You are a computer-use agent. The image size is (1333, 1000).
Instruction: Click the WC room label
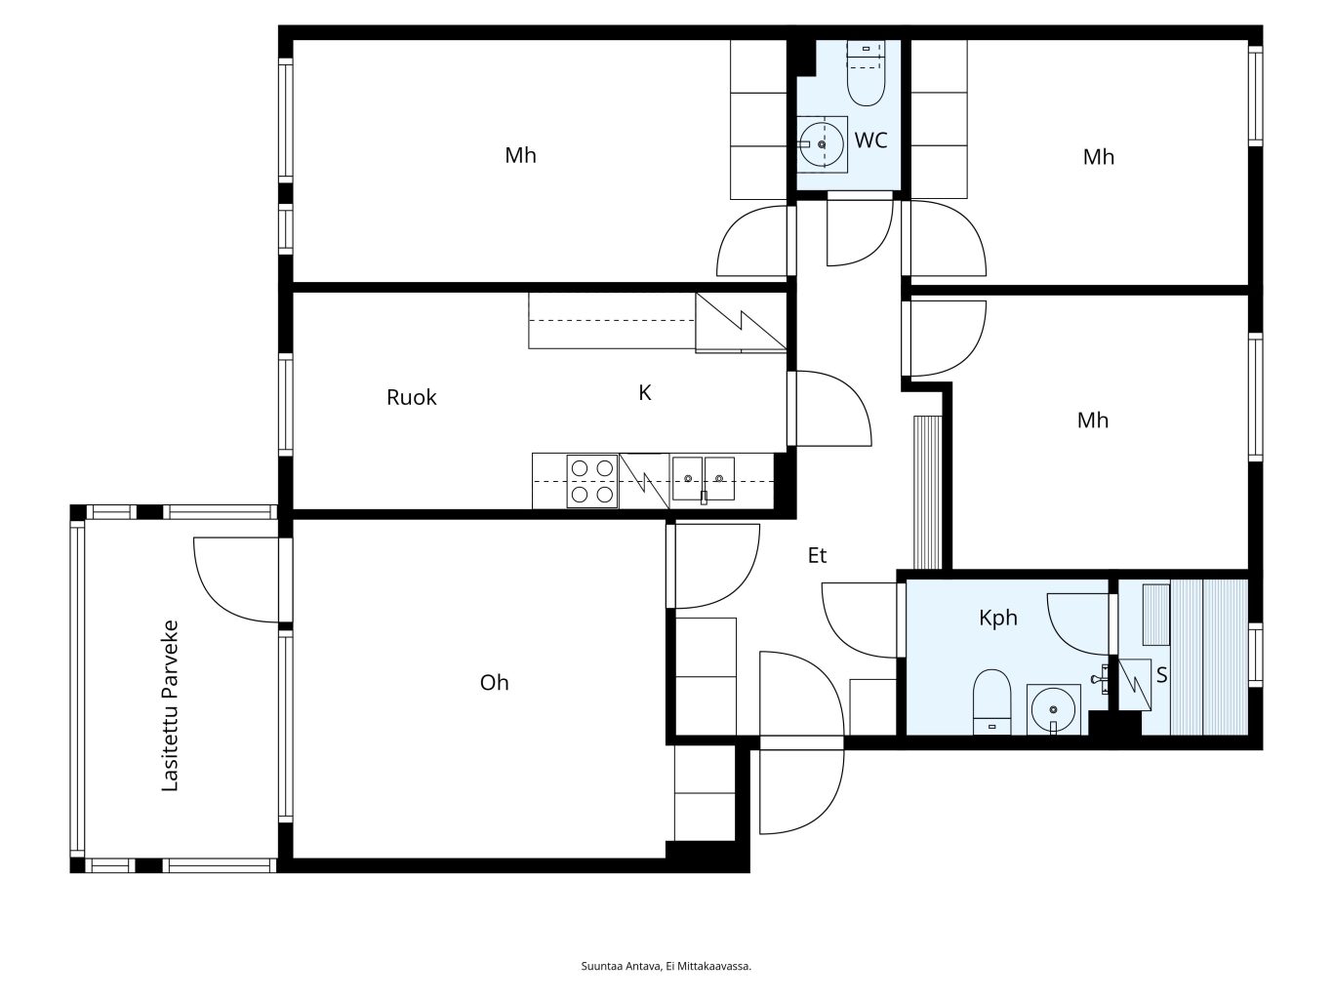(870, 140)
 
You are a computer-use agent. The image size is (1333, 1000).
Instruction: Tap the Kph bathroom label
(997, 619)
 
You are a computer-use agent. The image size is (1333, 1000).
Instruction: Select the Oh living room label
(494, 683)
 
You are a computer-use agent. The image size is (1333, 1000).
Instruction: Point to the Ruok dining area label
(411, 397)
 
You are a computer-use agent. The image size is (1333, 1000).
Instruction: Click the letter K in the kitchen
(644, 393)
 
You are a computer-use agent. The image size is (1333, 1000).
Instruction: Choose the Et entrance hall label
(817, 555)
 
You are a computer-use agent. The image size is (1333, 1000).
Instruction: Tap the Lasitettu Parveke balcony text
(170, 705)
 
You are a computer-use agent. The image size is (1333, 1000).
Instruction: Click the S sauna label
(1161, 674)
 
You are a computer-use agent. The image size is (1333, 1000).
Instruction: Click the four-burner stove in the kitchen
(592, 481)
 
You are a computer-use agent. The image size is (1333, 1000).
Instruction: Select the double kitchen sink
(704, 479)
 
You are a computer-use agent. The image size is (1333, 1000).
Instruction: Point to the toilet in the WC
(866, 73)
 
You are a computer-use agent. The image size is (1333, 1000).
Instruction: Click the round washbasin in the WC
(822, 144)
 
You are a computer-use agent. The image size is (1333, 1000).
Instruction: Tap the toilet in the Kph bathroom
(991, 701)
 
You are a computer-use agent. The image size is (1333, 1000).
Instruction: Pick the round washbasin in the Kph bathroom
(1054, 709)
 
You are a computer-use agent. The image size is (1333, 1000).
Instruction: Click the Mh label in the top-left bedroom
(520, 155)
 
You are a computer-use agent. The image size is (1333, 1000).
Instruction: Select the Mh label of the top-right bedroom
(1098, 157)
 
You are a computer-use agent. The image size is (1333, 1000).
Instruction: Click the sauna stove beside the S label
(1135, 684)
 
